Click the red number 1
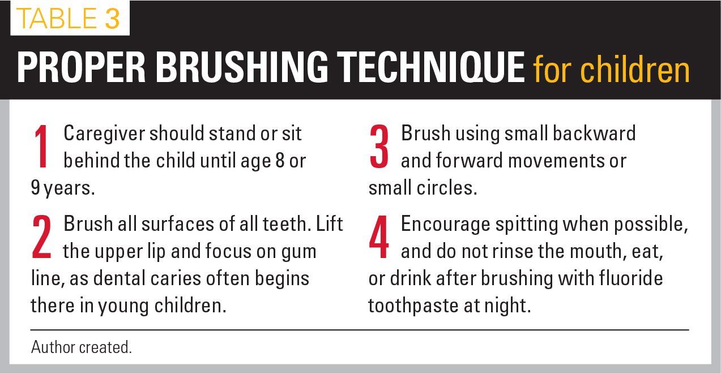[x=42, y=147]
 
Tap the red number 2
[x=42, y=237]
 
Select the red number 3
[x=379, y=147]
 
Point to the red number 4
[x=379, y=237]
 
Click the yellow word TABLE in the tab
[x=57, y=18]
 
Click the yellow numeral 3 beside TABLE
[x=112, y=18]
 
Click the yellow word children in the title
[x=635, y=69]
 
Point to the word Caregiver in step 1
[x=104, y=134]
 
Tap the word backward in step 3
[x=594, y=133]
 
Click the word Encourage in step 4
[x=446, y=225]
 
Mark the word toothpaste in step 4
[x=413, y=306]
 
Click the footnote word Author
[x=53, y=347]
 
